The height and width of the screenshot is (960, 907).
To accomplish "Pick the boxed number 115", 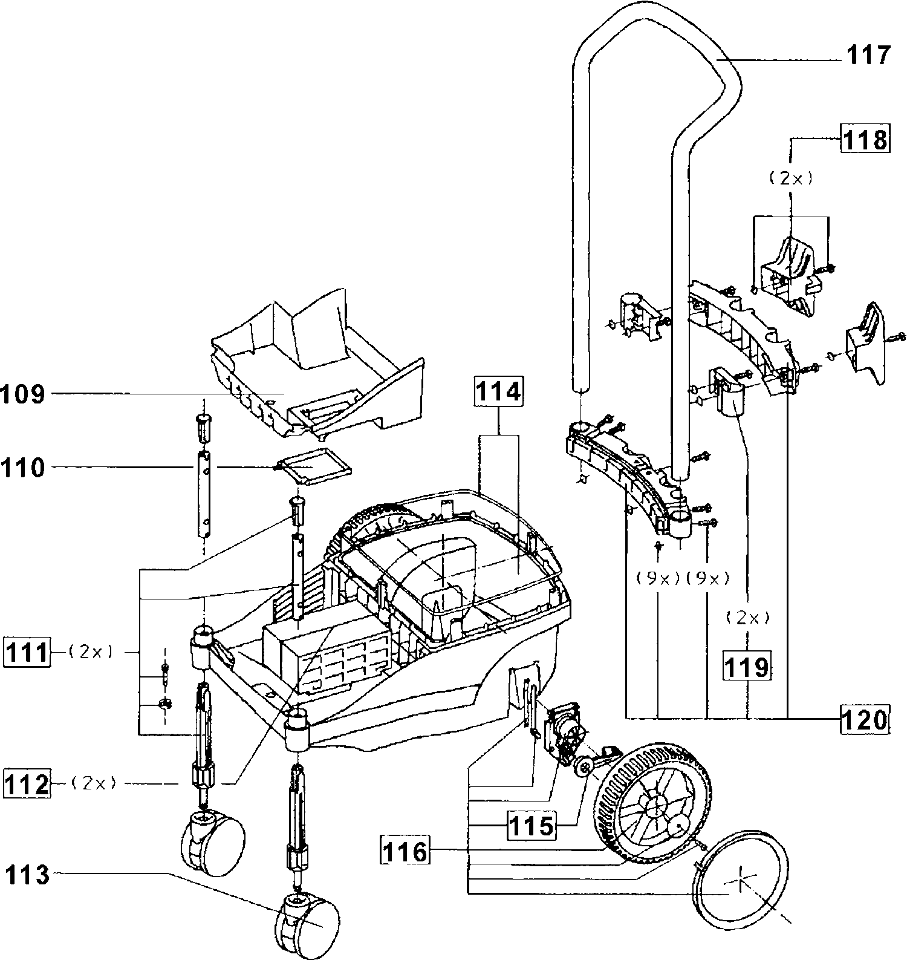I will (x=530, y=825).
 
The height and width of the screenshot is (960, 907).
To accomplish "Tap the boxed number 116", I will (x=405, y=852).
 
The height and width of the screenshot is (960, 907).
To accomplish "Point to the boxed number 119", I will (x=747, y=666).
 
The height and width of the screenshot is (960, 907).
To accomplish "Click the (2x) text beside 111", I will (x=89, y=653).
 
